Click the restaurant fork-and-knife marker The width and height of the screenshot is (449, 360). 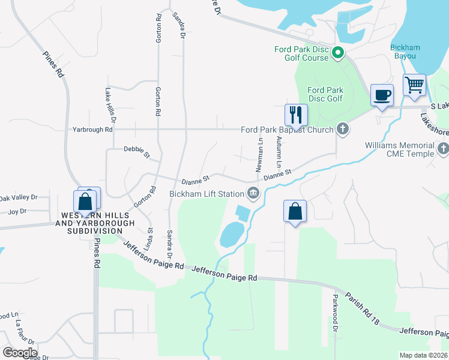click(295, 115)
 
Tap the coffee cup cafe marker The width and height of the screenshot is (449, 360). click(382, 95)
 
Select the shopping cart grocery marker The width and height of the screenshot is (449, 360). click(414, 85)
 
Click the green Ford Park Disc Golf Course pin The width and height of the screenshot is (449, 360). click(337, 54)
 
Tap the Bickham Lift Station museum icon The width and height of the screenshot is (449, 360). click(253, 193)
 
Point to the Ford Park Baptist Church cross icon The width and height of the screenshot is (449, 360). click(342, 129)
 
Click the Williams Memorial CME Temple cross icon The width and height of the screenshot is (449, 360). click(443, 148)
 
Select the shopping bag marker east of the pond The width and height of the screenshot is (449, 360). click(295, 211)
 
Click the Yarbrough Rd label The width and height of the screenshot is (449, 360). click(92, 129)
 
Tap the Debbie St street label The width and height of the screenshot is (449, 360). click(136, 151)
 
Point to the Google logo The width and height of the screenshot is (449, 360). click(20, 352)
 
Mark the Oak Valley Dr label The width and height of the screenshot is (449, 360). click(18, 197)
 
